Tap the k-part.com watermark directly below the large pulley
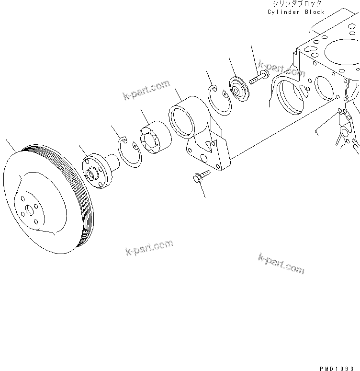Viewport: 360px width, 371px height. (149, 248)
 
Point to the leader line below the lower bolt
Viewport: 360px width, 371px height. (202, 191)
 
